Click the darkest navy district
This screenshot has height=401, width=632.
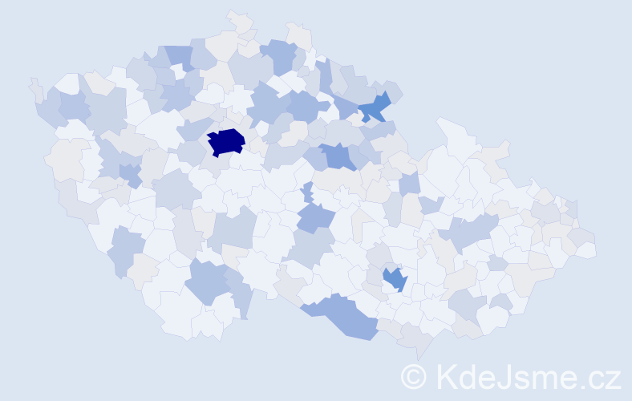[x=226, y=141]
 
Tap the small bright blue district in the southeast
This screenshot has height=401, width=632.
[x=395, y=279]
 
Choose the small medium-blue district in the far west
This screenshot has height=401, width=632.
[x=128, y=173]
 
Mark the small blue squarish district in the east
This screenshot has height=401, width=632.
[x=409, y=184]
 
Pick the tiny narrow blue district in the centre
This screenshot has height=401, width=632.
[x=307, y=192]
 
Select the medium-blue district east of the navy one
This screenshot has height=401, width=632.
[x=338, y=156]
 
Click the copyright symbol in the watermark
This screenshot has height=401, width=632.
[x=414, y=377]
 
